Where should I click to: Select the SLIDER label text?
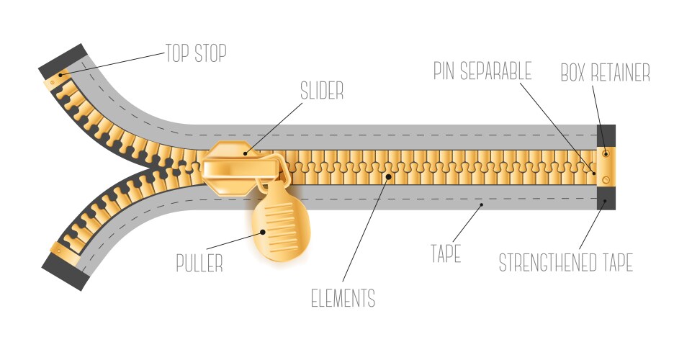(x=321, y=91)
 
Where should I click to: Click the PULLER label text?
(x=199, y=263)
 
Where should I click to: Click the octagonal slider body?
(x=229, y=168)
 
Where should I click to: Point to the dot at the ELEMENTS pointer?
(x=390, y=174)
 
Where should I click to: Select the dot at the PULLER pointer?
(x=264, y=232)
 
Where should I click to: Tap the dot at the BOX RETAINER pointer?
(x=605, y=153)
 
